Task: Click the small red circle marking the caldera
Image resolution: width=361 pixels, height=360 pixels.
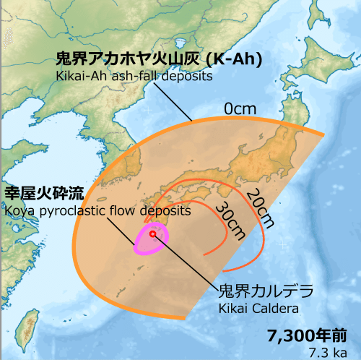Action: pos(153,233)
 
